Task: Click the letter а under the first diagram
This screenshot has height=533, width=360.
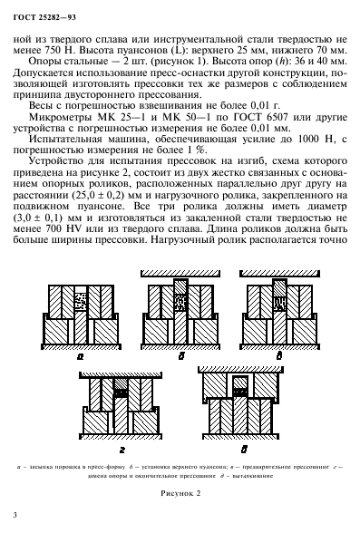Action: coord(81,357)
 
